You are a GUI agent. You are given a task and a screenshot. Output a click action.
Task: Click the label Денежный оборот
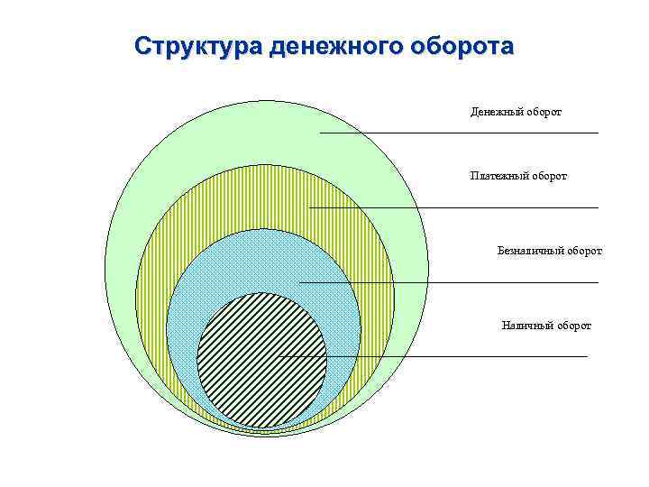(x=516, y=112)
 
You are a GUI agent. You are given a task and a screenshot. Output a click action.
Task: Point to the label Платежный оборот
(x=518, y=175)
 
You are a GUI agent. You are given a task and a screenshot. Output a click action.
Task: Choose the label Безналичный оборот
(x=550, y=250)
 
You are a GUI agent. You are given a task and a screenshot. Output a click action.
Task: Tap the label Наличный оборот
(x=546, y=326)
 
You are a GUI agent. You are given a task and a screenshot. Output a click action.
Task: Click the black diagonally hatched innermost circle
(x=261, y=360)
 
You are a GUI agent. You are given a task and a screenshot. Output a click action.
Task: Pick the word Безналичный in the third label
(x=530, y=250)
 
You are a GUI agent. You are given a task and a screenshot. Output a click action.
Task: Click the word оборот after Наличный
(x=574, y=326)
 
